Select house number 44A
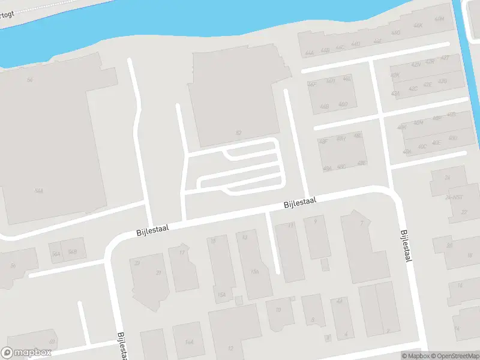click(309, 53)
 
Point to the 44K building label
click(418, 26)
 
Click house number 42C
click(413, 89)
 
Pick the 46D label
click(343, 104)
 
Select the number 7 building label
click(361, 223)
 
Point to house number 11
click(292, 225)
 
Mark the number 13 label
click(244, 238)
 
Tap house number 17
click(181, 253)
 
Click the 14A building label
click(190, 342)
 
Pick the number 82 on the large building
click(239, 133)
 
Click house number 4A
click(339, 301)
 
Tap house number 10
click(278, 310)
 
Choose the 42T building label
click(445, 58)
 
